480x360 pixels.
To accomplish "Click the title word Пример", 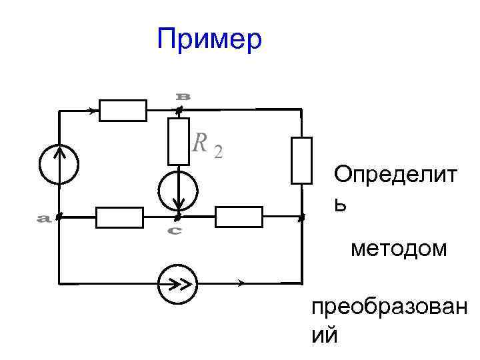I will click(x=210, y=39).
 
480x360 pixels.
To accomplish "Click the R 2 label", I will click(x=207, y=143).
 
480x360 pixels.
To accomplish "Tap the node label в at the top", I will click(x=183, y=96).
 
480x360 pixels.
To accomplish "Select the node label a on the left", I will click(x=44, y=218).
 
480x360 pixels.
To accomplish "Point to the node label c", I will click(x=174, y=231).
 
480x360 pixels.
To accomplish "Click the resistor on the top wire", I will click(x=123, y=110).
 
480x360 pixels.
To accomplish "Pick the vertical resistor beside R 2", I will click(x=179, y=141).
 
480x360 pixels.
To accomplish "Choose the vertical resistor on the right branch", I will click(x=302, y=159).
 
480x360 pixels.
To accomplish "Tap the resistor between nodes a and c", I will click(x=120, y=217).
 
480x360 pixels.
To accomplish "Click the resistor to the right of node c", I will click(x=239, y=217).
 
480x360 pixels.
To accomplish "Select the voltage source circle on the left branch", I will click(x=59, y=164).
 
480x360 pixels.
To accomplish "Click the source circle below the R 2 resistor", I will click(x=178, y=189).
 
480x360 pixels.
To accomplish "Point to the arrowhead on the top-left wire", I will click(x=91, y=110).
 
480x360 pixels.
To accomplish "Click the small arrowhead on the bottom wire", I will click(x=241, y=283).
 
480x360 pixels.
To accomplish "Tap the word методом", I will click(x=399, y=249).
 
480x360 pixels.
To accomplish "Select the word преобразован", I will click(x=389, y=309).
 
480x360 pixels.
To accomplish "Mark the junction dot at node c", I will click(x=177, y=217).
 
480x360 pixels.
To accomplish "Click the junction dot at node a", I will click(x=59, y=217).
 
